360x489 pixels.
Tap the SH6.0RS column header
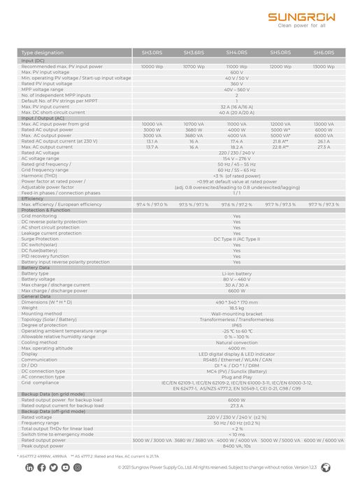click(x=324, y=52)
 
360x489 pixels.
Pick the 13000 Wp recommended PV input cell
click(x=324, y=66)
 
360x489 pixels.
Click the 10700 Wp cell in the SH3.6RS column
click(x=194, y=66)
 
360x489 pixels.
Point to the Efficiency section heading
click(x=33, y=199)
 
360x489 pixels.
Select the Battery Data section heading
click(x=36, y=268)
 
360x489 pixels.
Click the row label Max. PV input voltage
click(x=45, y=72)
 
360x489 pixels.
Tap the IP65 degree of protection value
click(x=236, y=325)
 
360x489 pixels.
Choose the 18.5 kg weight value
click(x=236, y=308)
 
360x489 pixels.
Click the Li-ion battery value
click(x=236, y=274)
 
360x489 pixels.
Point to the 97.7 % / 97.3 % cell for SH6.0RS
click(x=324, y=204)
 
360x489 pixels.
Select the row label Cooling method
click(x=41, y=342)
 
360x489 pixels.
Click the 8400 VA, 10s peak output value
click(x=236, y=446)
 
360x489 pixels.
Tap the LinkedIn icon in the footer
click(x=29, y=467)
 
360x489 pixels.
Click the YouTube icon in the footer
click(x=65, y=467)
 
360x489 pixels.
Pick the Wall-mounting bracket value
click(x=236, y=313)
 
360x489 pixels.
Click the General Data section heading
click(x=36, y=297)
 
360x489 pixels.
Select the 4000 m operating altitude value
click(x=236, y=348)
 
